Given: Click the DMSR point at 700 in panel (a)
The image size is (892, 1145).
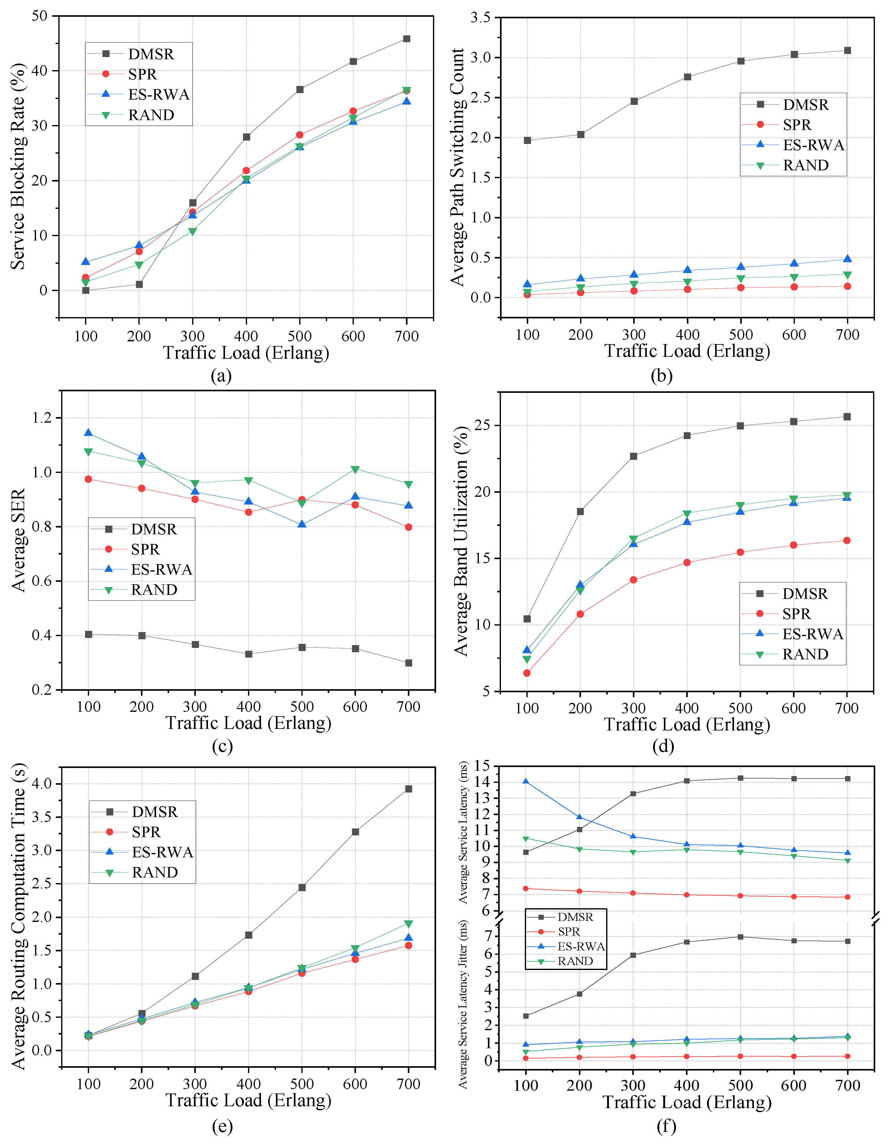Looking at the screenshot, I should coord(406,39).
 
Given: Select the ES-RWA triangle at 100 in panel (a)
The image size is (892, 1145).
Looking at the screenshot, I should coord(85,262).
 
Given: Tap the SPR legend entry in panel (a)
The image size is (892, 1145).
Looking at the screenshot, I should coord(142,74).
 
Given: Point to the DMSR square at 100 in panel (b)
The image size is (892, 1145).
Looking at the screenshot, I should coord(527,141).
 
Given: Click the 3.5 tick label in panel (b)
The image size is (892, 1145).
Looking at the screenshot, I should coord(480,18).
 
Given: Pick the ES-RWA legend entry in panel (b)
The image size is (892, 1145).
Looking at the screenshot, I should coord(813,145).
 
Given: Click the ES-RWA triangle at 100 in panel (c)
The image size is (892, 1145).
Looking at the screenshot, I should coord(88,433).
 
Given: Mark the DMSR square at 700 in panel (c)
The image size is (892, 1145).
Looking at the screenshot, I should coord(408,663).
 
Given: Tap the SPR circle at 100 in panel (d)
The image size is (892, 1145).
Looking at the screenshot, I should coord(526,673).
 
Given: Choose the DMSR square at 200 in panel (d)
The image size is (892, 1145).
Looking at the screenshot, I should coord(580,511).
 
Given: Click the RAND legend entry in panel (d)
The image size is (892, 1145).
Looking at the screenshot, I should coord(805,654).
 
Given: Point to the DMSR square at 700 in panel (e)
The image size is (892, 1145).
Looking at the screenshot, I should coord(408,789).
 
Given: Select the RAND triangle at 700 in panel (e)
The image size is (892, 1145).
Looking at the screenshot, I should coord(408,924).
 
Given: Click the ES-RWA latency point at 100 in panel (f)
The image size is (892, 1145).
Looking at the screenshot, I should coord(525,782).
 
